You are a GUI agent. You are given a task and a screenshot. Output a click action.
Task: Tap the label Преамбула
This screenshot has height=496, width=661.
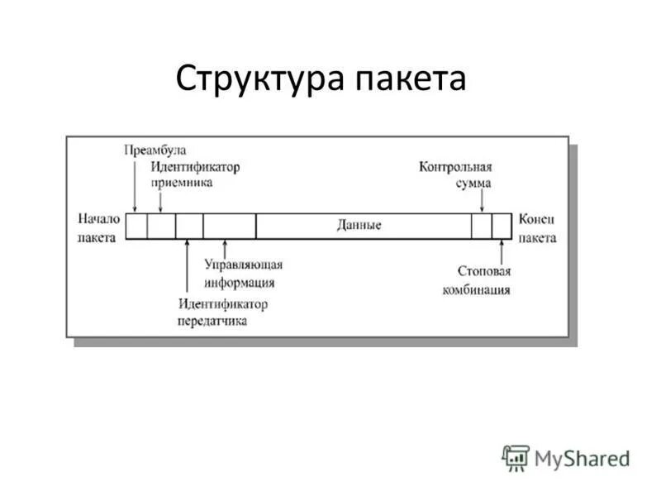click(155, 150)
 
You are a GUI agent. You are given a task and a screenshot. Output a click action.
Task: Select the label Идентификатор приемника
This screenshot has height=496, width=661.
click(195, 174)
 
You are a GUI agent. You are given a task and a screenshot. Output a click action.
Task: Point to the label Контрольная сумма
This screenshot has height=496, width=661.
click(456, 174)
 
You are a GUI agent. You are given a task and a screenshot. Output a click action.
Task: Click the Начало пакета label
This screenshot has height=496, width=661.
click(98, 227)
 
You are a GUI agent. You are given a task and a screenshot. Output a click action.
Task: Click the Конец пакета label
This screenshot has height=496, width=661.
click(537, 227)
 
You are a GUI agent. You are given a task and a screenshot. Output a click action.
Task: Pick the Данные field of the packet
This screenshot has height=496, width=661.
click(359, 226)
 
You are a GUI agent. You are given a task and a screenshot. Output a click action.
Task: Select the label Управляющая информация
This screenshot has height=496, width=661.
click(243, 274)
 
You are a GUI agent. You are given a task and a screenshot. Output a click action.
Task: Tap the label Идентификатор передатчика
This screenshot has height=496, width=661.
click(221, 312)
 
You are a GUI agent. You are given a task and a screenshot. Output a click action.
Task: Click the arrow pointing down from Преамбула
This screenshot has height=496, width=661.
click(134, 186)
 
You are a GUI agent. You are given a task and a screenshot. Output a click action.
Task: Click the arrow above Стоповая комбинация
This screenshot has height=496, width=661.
click(501, 251)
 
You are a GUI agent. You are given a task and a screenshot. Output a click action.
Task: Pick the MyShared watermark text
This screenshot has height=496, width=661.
click(582, 457)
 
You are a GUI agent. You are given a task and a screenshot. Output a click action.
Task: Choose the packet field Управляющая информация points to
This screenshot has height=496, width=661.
click(229, 226)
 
